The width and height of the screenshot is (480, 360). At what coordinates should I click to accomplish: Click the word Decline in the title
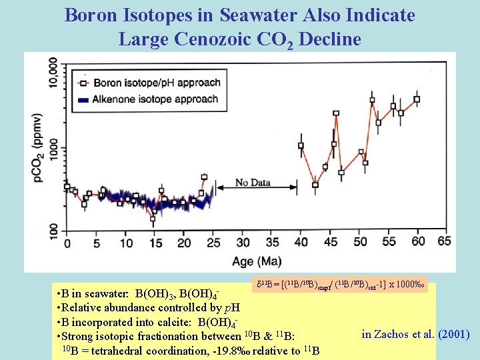coord(329,39)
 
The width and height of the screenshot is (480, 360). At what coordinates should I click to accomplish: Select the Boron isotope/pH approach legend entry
coord(157,83)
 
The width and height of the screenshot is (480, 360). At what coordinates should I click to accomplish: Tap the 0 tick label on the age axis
coord(67,243)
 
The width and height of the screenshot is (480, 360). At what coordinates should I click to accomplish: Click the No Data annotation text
coord(252,183)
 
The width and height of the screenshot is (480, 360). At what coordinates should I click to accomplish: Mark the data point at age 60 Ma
coord(417,100)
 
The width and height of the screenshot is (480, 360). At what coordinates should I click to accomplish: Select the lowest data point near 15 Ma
coord(153,217)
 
